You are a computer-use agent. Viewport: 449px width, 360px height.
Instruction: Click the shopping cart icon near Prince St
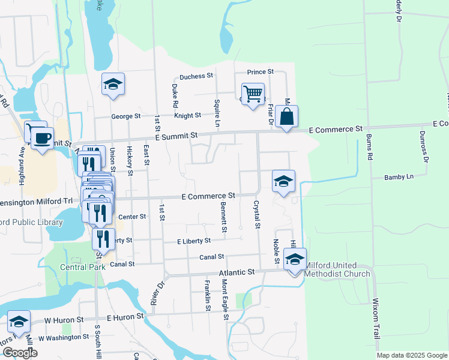point(253,94)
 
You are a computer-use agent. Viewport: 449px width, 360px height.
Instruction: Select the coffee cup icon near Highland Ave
point(42,139)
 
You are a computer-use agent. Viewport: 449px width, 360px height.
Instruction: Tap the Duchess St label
point(197,76)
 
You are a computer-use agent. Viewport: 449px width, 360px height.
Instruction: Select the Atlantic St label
point(237,272)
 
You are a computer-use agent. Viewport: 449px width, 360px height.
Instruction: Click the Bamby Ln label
point(402,177)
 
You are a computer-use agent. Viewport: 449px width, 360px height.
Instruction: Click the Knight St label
point(187,115)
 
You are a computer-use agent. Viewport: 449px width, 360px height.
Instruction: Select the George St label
point(125,116)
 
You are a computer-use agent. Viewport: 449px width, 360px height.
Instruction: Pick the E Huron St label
point(125,316)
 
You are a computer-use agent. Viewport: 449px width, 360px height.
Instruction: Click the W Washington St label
point(64,338)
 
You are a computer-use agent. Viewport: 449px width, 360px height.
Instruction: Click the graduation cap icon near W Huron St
point(19,322)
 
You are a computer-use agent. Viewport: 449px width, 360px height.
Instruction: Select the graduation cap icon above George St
point(112,85)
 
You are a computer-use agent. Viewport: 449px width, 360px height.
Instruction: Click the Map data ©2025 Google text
point(411,355)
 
